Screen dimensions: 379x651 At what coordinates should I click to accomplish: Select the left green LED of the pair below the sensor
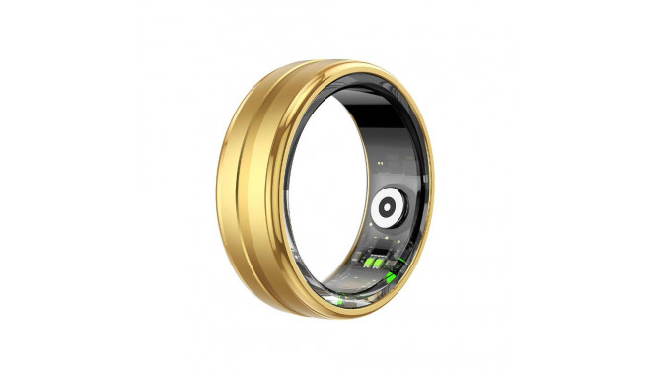pos(373,263)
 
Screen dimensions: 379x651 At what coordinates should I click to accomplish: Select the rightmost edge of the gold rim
pos(432,197)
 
